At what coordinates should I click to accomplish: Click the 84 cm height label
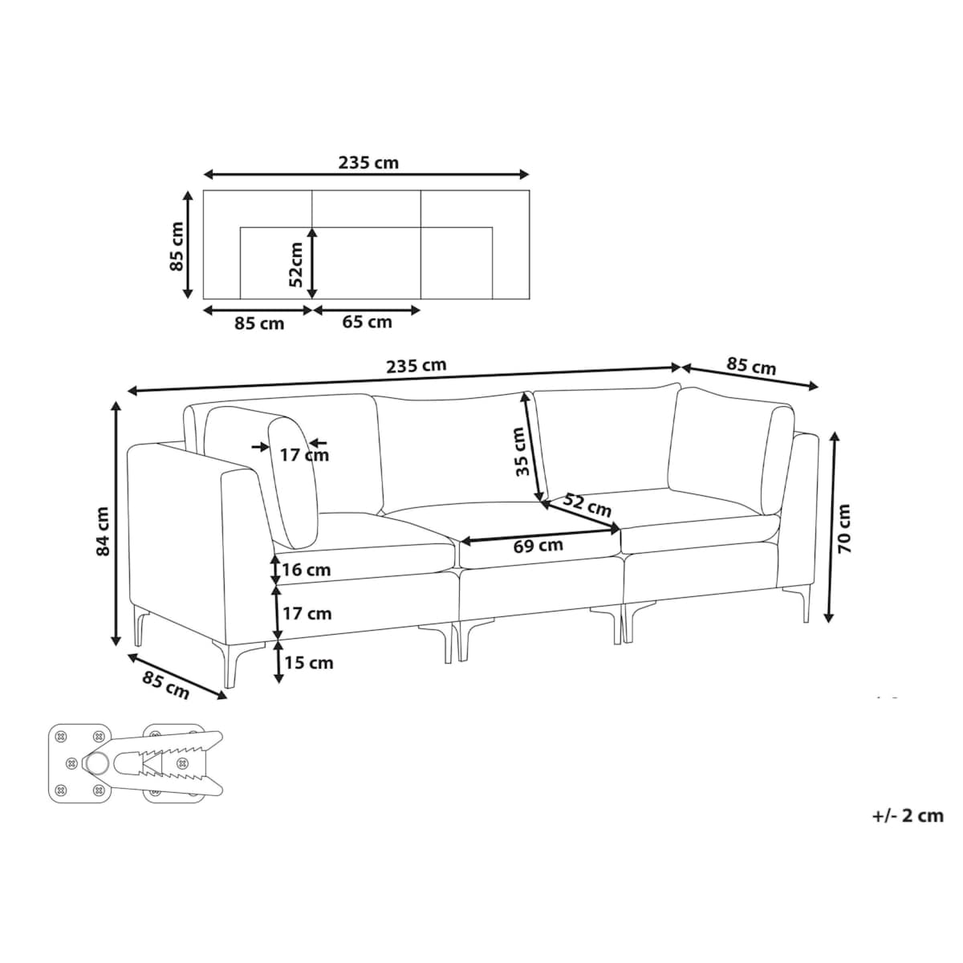102,530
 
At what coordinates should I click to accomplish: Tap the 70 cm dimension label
845,529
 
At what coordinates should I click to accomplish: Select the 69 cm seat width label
538,546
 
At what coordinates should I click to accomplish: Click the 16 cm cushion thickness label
307,570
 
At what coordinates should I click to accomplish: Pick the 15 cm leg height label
309,663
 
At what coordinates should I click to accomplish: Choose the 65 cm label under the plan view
367,323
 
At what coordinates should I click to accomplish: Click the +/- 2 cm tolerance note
908,816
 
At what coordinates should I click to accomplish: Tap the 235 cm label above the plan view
368,163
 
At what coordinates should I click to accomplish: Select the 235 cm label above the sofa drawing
416,365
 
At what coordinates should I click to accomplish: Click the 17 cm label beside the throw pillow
304,455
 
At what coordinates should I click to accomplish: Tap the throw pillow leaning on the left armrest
293,481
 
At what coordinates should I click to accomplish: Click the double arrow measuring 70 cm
831,527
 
